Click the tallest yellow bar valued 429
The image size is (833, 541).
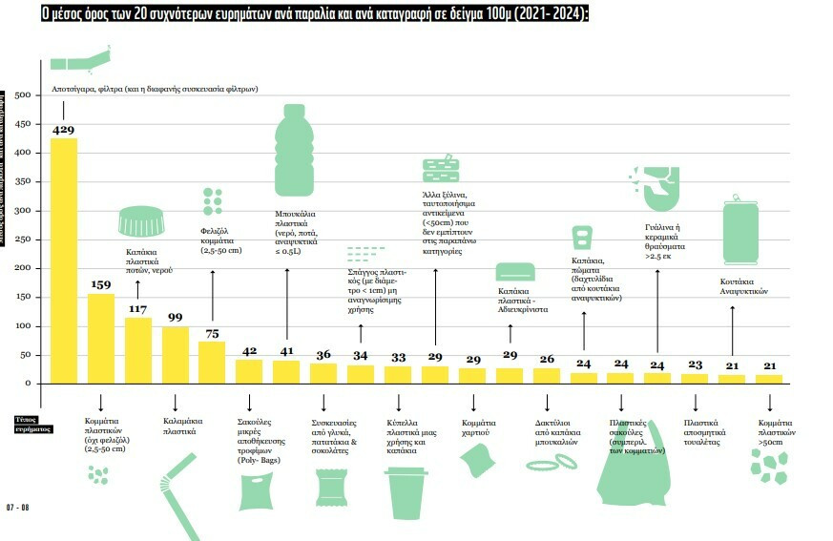click(63, 260)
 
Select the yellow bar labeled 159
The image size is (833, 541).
click(100, 338)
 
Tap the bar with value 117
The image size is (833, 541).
click(137, 350)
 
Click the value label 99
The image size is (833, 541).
click(175, 318)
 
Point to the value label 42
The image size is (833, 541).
click(249, 350)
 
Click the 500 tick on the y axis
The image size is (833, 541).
click(24, 94)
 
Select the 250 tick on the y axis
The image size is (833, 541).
click(24, 239)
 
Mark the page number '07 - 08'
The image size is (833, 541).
click(18, 506)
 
